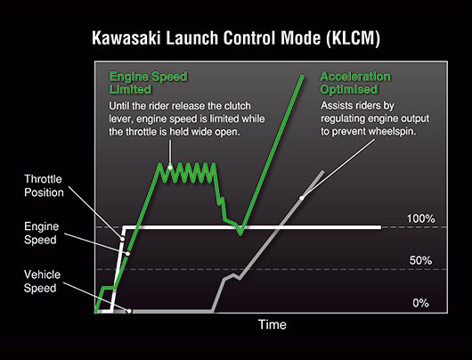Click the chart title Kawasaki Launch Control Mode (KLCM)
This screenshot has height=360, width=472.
click(236, 38)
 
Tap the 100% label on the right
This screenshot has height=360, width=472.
click(420, 218)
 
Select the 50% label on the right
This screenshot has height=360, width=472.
click(420, 260)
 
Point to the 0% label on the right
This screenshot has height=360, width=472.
click(420, 303)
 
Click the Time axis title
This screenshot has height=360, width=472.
click(273, 324)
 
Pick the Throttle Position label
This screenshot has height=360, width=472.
click(44, 185)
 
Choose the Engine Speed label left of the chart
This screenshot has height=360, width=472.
click(41, 233)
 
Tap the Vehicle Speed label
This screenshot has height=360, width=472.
click(42, 281)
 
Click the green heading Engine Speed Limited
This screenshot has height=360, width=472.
click(148, 83)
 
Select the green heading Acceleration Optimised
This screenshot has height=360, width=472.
click(355, 83)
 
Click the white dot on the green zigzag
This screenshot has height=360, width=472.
click(170, 167)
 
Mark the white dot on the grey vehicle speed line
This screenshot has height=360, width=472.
click(302, 198)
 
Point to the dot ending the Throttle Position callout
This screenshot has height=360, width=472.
click(122, 239)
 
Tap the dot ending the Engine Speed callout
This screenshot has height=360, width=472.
click(127, 254)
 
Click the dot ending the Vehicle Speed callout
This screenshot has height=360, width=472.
click(129, 311)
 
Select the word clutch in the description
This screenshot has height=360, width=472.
click(238, 106)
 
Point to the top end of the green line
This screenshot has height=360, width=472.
click(302, 76)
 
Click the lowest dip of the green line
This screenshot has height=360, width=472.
click(240, 233)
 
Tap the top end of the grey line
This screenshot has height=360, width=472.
click(323, 171)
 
